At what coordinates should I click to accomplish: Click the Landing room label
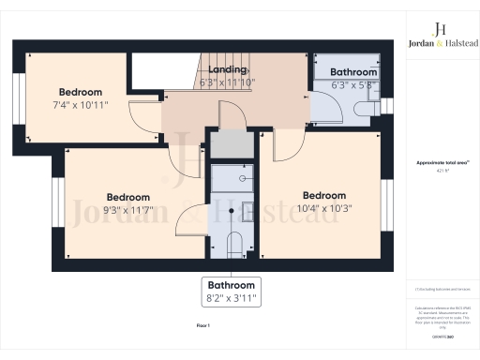click(x=228, y=70)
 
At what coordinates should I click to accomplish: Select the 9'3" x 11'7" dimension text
click(x=128, y=210)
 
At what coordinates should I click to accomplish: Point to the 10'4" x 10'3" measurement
click(x=323, y=208)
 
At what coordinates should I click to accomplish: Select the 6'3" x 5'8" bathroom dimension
click(x=353, y=84)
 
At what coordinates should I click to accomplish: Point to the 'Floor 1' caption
click(x=202, y=324)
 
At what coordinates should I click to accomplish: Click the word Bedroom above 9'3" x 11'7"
click(x=128, y=197)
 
